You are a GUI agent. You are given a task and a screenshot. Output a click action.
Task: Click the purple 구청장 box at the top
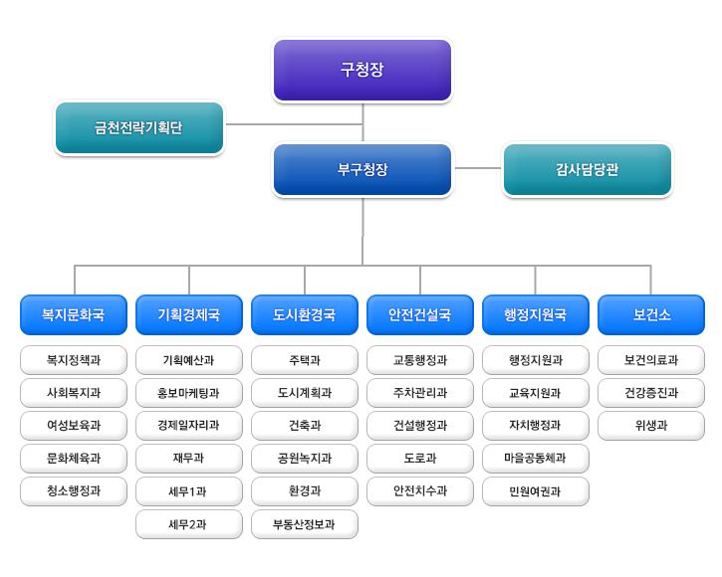point(362,71)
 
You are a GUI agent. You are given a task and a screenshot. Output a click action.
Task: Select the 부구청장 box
point(362,170)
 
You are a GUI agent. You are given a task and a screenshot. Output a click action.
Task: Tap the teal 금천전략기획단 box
point(139,128)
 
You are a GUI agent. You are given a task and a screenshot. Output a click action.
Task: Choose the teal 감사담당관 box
point(588,170)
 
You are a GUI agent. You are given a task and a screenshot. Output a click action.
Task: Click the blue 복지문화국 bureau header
point(74,315)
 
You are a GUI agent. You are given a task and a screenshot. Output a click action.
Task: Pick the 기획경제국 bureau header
point(189,315)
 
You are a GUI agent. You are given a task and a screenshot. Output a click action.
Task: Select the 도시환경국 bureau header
point(305,315)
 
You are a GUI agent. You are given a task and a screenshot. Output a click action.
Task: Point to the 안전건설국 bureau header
point(420,315)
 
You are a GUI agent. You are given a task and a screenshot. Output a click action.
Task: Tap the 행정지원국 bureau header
point(536,315)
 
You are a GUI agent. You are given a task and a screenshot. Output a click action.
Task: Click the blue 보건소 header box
point(651,315)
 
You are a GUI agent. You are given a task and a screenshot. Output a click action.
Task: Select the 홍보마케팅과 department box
point(189,393)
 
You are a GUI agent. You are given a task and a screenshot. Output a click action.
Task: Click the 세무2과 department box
point(189,524)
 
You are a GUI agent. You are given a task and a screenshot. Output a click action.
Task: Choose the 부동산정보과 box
point(305,524)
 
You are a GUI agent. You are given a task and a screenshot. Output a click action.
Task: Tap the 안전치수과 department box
point(420,491)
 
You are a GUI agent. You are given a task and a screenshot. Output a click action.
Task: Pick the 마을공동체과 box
point(536,459)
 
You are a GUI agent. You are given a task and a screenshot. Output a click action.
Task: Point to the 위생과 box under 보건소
point(651,426)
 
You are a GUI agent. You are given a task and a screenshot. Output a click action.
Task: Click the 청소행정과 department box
point(74,491)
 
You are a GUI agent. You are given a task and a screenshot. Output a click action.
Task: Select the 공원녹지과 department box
point(305,459)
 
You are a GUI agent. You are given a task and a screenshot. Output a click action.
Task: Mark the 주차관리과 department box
point(420,393)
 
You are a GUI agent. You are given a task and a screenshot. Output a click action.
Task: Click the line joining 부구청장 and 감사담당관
point(477,169)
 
